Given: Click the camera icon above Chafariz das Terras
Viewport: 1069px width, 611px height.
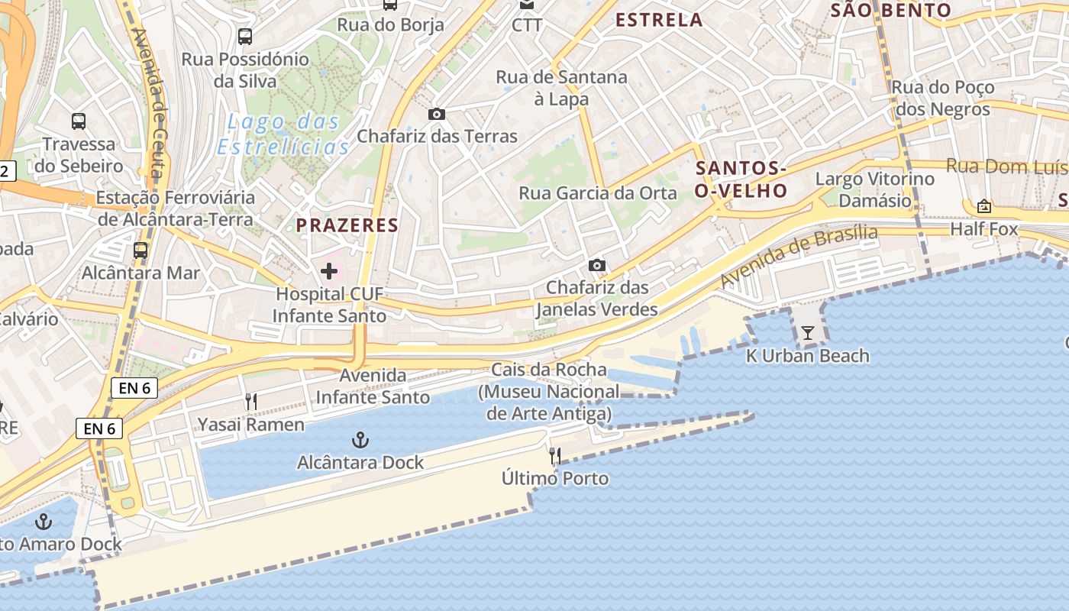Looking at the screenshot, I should [436, 115].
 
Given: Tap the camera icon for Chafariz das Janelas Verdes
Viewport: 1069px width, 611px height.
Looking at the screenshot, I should [597, 266].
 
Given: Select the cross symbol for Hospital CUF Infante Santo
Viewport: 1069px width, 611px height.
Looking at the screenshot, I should [329, 271].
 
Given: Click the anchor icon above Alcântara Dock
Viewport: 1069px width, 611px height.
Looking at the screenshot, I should [360, 440].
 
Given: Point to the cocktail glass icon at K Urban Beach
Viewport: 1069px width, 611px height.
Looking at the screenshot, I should [807, 333].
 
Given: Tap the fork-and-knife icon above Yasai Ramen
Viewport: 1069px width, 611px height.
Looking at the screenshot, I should [250, 402].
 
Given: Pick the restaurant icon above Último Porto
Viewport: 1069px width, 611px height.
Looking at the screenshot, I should [555, 457].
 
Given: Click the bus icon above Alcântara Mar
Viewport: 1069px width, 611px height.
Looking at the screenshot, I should [140, 250].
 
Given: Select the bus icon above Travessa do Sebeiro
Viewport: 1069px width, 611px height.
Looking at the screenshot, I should [79, 121].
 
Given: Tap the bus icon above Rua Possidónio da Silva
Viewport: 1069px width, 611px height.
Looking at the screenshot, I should [244, 36].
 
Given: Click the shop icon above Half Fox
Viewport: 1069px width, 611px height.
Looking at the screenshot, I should [983, 206].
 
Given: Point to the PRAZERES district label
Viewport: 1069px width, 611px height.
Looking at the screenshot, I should [347, 225].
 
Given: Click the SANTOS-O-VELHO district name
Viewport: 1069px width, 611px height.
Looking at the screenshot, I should [741, 179].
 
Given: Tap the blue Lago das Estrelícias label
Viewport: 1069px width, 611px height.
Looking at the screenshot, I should [284, 134].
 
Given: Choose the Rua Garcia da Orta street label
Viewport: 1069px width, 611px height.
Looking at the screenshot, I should [598, 193].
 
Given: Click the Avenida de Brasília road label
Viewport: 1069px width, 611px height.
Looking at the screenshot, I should [799, 257].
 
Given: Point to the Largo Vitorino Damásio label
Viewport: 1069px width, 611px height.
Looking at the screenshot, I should [875, 189].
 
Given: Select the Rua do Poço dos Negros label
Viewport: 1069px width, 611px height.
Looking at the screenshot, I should [942, 99].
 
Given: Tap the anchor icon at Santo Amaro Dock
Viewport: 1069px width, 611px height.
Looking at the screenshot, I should [44, 522].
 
